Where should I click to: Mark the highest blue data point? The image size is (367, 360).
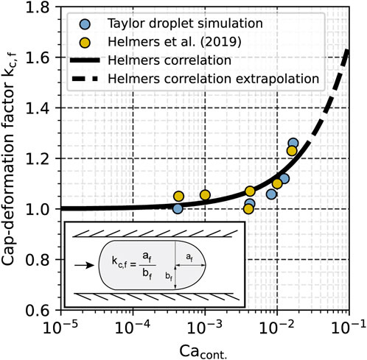[x=293, y=143]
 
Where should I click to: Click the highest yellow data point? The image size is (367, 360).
[x=292, y=151]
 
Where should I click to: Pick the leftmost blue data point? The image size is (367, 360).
[x=178, y=208]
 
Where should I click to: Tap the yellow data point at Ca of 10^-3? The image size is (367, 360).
[x=205, y=195]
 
